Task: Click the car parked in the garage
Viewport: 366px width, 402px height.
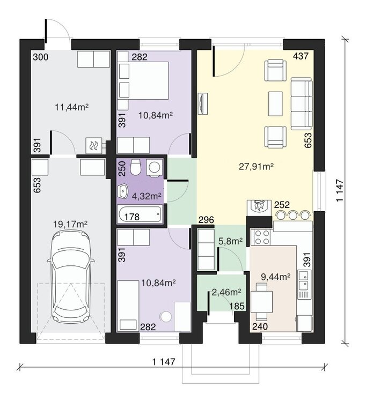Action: click(x=71, y=277)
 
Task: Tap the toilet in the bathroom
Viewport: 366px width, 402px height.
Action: click(x=135, y=167)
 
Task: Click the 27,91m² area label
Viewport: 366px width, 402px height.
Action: click(x=256, y=167)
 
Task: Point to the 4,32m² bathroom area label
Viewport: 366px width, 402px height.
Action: click(x=147, y=196)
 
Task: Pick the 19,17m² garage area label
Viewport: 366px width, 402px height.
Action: click(x=70, y=225)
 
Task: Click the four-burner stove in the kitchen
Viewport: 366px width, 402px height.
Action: click(x=262, y=237)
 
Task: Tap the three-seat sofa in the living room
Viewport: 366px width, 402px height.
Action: click(x=302, y=104)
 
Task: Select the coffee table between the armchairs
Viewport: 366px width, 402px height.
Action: click(x=275, y=103)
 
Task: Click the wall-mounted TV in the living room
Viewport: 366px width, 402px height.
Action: click(x=203, y=103)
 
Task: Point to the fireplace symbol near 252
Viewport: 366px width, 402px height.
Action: click(x=259, y=207)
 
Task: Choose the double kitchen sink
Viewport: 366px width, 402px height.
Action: click(x=304, y=284)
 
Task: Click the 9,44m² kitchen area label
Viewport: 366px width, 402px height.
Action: click(x=276, y=277)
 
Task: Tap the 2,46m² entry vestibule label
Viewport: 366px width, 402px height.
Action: click(x=226, y=292)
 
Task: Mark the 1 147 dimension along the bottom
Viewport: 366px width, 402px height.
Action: click(x=164, y=362)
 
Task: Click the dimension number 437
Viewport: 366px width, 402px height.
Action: click(x=301, y=56)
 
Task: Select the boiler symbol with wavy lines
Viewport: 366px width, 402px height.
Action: click(x=94, y=146)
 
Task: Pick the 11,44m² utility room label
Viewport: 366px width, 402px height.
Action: click(x=72, y=107)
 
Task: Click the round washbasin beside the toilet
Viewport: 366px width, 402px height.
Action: click(x=154, y=168)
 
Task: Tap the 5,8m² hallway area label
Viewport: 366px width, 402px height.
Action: click(x=231, y=241)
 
